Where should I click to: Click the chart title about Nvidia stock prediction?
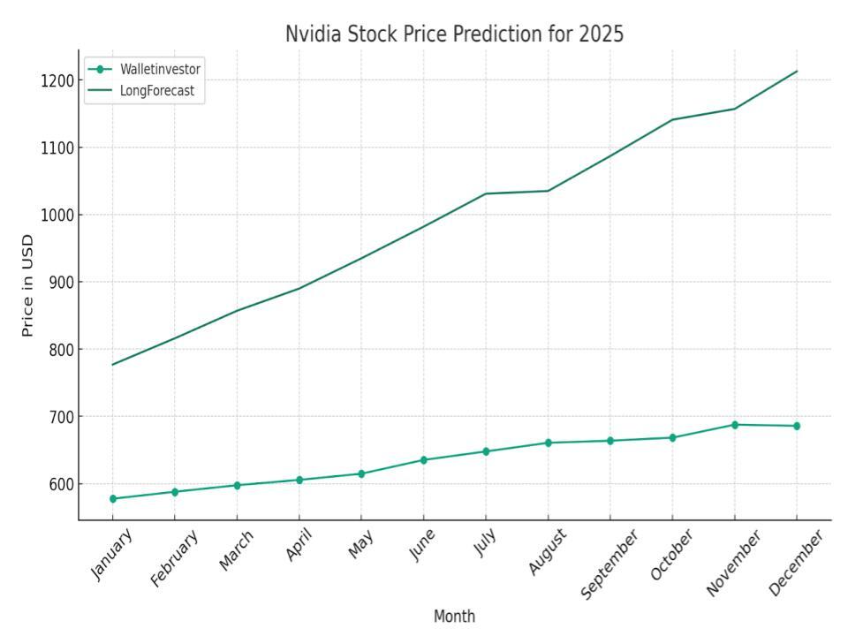454,34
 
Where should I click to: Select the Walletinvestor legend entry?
160,69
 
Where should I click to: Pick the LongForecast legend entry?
157,90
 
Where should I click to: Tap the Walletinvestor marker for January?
113,499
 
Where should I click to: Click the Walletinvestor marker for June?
423,460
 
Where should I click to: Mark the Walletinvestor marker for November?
734,425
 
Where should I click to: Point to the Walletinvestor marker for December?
797,426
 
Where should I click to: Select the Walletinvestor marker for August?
548,443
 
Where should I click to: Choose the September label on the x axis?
609,565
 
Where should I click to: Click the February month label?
174,558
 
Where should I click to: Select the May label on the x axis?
360,545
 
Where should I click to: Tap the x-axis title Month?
454,617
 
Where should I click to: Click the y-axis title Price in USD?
27,285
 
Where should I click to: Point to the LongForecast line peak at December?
797,72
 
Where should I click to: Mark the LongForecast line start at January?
113,365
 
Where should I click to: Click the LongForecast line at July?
486,193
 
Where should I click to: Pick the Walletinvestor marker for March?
237,485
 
